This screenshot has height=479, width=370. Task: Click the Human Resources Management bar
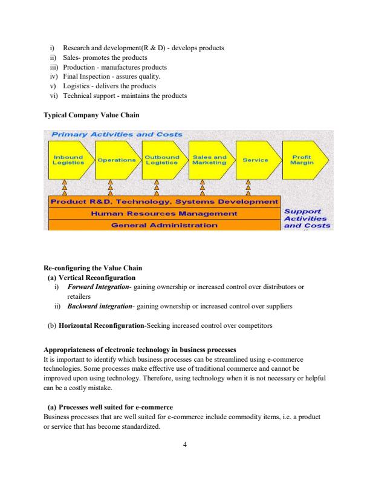point(163,213)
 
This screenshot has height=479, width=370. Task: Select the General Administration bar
point(163,224)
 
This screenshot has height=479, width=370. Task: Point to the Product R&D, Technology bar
point(163,201)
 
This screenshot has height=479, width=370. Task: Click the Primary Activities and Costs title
point(117,134)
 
